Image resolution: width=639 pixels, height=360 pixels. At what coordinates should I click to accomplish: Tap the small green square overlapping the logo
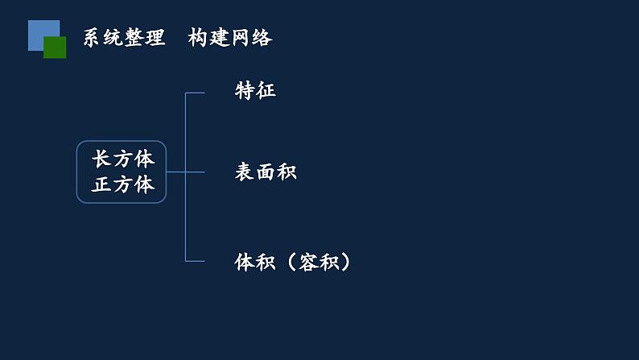click(55, 48)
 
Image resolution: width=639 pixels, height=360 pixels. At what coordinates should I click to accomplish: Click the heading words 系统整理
click(124, 38)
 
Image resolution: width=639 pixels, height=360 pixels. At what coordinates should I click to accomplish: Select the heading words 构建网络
click(230, 38)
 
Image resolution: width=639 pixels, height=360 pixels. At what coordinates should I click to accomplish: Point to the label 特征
click(255, 90)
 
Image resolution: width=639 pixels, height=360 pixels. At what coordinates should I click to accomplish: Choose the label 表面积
click(266, 172)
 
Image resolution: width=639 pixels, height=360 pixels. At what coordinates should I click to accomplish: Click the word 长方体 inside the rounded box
click(123, 159)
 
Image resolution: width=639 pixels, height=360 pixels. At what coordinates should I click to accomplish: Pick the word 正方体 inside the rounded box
click(123, 184)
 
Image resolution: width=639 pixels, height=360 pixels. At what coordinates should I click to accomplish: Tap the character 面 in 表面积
click(266, 172)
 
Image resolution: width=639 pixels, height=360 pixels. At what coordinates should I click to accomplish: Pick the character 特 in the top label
click(245, 90)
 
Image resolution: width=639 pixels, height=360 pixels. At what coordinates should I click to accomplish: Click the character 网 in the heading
click(241, 38)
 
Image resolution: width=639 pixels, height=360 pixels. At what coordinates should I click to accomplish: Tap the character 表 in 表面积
click(245, 172)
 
